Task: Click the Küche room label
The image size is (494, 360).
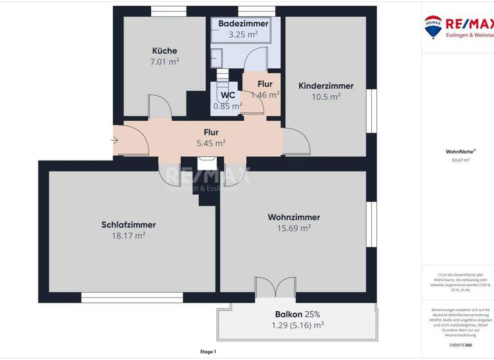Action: pyautogui.click(x=164, y=51)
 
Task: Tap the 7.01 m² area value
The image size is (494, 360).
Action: pyautogui.click(x=164, y=62)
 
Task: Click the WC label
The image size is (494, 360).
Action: pyautogui.click(x=228, y=95)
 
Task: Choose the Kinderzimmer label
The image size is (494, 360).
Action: pyautogui.click(x=325, y=85)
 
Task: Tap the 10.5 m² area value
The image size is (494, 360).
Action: pyautogui.click(x=325, y=96)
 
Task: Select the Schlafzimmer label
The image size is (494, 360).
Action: pyautogui.click(x=129, y=224)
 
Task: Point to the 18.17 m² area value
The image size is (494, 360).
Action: pyautogui.click(x=129, y=235)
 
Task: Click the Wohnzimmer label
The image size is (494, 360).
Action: pyautogui.click(x=293, y=217)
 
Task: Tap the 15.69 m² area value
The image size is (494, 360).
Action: pyautogui.click(x=293, y=228)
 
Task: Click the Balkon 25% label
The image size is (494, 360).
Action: pyautogui.click(x=297, y=314)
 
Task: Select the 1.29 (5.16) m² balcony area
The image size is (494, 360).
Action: pyautogui.click(x=297, y=325)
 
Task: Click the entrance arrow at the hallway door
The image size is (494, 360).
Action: pyautogui.click(x=114, y=139)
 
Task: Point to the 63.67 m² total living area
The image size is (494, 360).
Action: pyautogui.click(x=457, y=160)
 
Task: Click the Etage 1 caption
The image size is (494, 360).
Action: pyautogui.click(x=208, y=352)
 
